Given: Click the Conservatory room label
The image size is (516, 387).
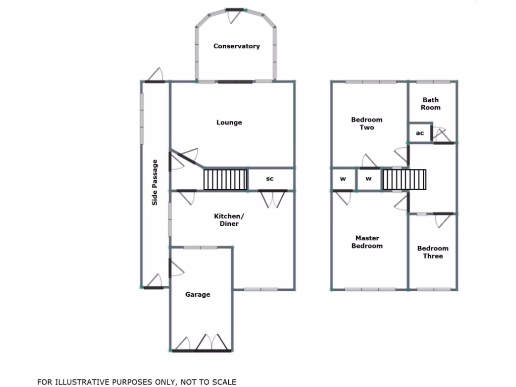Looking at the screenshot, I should click(236, 46).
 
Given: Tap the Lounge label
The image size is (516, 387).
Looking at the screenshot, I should click(229, 122).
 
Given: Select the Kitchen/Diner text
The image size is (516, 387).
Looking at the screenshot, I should click(226, 220).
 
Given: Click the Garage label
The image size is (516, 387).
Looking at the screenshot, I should click(198, 295).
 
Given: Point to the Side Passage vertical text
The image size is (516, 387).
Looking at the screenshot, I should click(155, 182).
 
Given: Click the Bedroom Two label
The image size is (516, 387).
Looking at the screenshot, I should click(366, 123).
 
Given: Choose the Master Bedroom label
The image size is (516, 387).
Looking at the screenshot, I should click(367, 242).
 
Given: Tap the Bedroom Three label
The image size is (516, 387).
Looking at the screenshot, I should click(432, 252).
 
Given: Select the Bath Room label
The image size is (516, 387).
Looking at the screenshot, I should click(431, 104).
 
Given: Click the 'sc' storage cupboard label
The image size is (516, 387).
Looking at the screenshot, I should click(270, 179).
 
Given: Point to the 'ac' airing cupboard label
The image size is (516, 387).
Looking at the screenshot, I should click(420, 134).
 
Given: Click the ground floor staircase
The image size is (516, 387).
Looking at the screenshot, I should click(225, 179).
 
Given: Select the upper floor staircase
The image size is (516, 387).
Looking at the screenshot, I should click(404, 179).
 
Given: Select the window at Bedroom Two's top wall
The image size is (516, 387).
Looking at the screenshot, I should click(370, 82).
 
